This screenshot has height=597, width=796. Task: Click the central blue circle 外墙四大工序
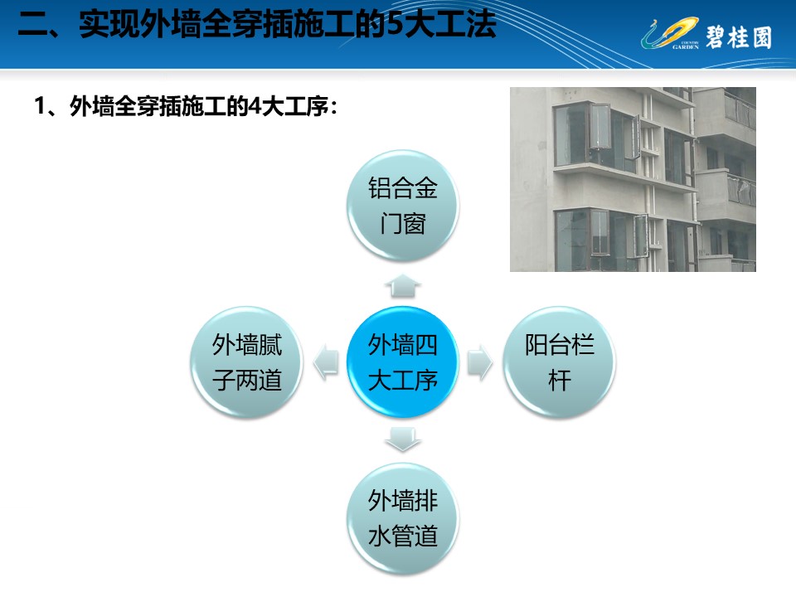click(x=403, y=362)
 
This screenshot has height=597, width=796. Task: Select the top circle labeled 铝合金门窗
click(x=403, y=206)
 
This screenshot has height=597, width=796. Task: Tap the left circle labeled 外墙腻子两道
click(x=247, y=362)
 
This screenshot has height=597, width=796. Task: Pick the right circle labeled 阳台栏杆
click(x=559, y=362)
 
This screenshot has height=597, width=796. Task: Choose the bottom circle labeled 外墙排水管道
click(x=403, y=518)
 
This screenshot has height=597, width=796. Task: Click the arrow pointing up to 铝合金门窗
click(x=403, y=286)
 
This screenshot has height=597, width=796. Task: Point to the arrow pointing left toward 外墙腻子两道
click(x=326, y=362)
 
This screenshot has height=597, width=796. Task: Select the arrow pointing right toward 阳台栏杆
click(x=480, y=362)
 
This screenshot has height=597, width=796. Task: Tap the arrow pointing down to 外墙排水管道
click(x=403, y=439)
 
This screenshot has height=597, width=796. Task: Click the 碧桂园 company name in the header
click(x=739, y=37)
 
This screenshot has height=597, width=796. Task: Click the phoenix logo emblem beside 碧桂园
click(x=670, y=33)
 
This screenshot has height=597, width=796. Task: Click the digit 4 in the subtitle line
click(x=255, y=106)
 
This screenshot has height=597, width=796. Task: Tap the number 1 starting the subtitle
click(x=40, y=106)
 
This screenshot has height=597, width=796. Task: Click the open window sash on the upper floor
click(x=599, y=126)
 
